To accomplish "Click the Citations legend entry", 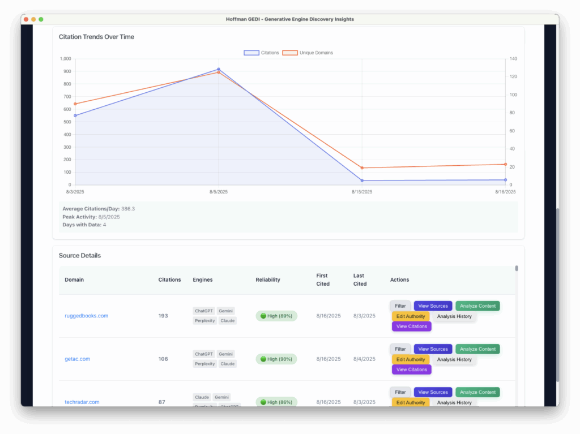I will [262, 53].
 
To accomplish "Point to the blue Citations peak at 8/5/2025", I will [219, 70].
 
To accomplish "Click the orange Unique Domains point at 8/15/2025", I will [362, 168].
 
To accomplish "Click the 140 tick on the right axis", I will [513, 59].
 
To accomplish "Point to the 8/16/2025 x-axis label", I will [505, 192].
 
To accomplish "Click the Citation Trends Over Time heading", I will [96, 37].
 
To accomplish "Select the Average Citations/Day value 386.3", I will [128, 209].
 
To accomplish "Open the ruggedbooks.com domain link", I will [86, 316].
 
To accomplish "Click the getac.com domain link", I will [77, 359].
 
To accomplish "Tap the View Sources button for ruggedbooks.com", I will [433, 306].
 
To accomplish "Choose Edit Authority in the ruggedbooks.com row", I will [411, 316].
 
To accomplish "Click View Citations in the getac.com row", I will [411, 369].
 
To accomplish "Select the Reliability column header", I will [268, 280].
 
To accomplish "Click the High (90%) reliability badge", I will [276, 359].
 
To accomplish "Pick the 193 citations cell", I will [163, 316].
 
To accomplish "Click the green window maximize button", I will [41, 19].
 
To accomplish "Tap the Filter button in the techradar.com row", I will [400, 392].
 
